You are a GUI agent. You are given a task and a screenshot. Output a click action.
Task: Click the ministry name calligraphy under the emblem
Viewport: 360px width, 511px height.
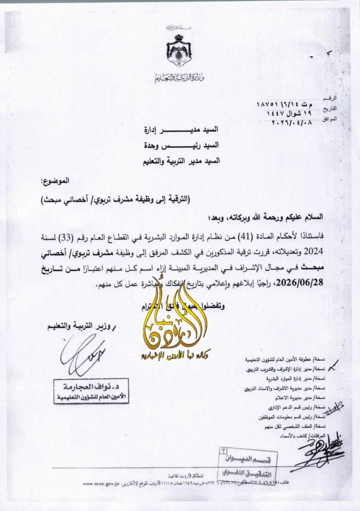click(179, 78)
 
